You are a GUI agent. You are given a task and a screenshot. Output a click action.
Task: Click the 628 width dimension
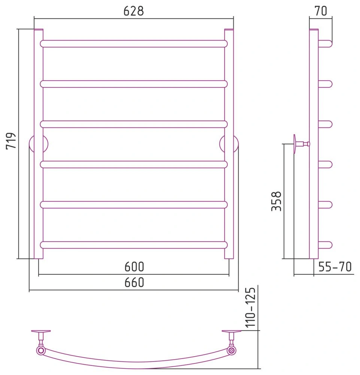tap(134, 11)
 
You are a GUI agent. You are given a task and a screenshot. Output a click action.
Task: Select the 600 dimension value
tap(134, 267)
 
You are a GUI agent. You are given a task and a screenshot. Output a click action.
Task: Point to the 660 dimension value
tap(134, 282)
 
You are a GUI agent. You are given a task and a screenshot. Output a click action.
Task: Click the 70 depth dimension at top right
tap(321, 11)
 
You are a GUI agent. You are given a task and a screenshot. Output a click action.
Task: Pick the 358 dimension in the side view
tap(276, 201)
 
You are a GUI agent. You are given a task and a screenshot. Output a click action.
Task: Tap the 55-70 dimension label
tap(335, 267)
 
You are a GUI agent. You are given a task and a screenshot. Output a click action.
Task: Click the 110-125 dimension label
tap(250, 307)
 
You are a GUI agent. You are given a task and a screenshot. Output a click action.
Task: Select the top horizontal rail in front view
tap(134, 44)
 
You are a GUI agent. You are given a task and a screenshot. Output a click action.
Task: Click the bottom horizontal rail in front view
tap(134, 245)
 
